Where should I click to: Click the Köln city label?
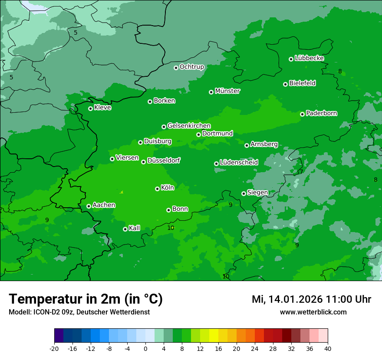pyautogui.click(x=167, y=188)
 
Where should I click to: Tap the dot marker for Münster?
pyautogui.click(x=211, y=92)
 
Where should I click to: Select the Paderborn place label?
pyautogui.click(x=321, y=113)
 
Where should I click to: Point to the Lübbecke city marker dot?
pyautogui.click(x=291, y=59)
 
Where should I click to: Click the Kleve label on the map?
pyautogui.click(x=102, y=108)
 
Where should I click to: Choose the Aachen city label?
pyautogui.click(x=104, y=205)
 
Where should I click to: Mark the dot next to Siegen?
pyautogui.click(x=244, y=193)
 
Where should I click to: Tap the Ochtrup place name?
pyautogui.click(x=191, y=67)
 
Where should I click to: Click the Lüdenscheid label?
pyautogui.click(x=239, y=163)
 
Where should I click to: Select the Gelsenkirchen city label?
pyautogui.click(x=189, y=126)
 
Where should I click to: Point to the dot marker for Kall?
pyautogui.click(x=125, y=229)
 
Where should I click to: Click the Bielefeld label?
pyautogui.click(x=302, y=83)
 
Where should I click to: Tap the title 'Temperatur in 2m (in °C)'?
pyautogui.click(x=86, y=299)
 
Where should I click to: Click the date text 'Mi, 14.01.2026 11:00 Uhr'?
pyautogui.click(x=311, y=299)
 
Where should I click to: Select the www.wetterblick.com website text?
pyautogui.click(x=313, y=312)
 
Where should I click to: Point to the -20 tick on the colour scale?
pyautogui.click(x=54, y=348)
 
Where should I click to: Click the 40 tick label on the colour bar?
pyautogui.click(x=327, y=348)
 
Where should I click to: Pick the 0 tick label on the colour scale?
pyautogui.click(x=145, y=348)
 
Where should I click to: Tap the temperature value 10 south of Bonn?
pyautogui.click(x=171, y=228)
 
